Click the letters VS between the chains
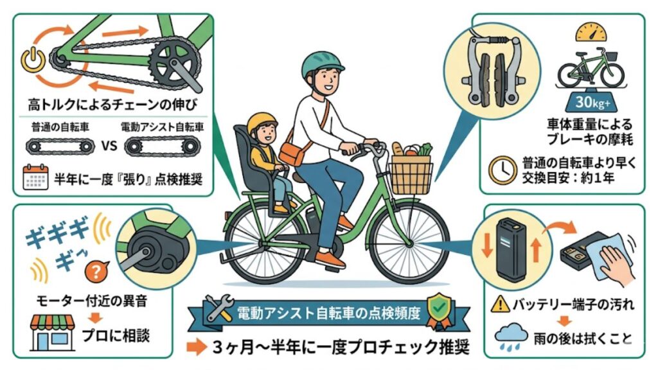click(x=109, y=146)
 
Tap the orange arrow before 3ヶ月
click(x=195, y=348)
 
